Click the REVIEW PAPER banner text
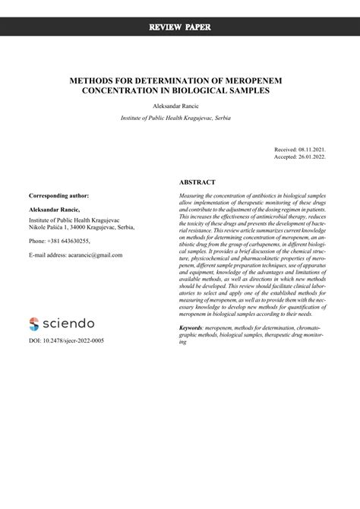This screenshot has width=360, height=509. click(180, 27)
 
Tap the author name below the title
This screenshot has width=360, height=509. click(179, 106)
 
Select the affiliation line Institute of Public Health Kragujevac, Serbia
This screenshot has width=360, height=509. click(180, 119)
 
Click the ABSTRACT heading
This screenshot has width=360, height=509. click(197, 182)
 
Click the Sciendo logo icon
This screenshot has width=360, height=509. click(33, 324)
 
